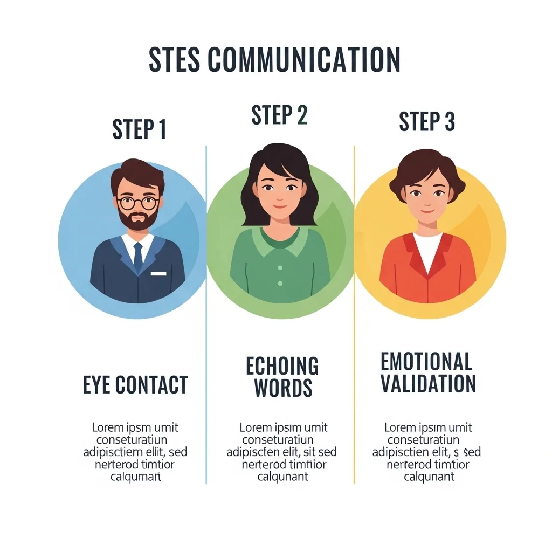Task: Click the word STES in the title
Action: (175, 59)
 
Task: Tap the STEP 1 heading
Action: (139, 129)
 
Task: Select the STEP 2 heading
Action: (280, 115)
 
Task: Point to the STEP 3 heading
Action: (427, 121)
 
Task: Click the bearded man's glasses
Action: (137, 203)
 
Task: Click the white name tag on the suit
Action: (158, 273)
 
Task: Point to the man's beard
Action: (138, 218)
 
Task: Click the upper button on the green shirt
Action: (280, 268)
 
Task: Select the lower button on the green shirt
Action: (280, 284)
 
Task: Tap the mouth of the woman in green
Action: (280, 206)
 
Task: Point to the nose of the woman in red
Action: (427, 203)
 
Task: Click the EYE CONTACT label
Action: (135, 384)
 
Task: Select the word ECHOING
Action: (282, 366)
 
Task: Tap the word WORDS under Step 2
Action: (284, 388)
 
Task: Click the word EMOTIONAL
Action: (426, 361)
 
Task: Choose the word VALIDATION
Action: (428, 383)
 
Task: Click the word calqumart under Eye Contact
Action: (135, 477)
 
